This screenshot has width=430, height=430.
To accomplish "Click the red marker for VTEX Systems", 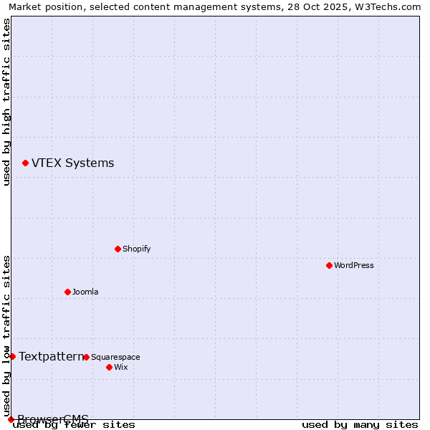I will [25, 163].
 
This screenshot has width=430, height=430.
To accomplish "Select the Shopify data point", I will [118, 249].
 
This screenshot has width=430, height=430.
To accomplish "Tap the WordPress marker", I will [329, 265].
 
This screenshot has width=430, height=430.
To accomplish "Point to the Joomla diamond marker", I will [67, 292].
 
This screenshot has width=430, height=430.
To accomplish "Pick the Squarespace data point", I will [86, 357].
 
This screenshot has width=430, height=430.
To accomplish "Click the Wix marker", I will [109, 367].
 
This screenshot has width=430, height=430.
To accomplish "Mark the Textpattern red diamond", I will [12, 356].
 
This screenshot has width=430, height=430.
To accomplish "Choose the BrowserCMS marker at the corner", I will [11, 419].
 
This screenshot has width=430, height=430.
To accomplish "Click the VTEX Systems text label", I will [72, 163].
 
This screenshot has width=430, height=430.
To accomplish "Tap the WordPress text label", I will [353, 265].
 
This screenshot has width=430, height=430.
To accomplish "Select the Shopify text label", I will [136, 249].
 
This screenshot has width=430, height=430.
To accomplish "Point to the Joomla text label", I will [85, 292].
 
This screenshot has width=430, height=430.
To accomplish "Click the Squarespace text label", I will [115, 357].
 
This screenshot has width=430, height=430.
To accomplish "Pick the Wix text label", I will [120, 367].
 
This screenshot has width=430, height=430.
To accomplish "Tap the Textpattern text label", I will [51, 356].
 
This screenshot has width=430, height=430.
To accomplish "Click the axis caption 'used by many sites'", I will [360, 424].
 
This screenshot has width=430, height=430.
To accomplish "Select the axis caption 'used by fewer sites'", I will [75, 424].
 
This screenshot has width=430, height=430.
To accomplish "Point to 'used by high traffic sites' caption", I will [6, 102].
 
